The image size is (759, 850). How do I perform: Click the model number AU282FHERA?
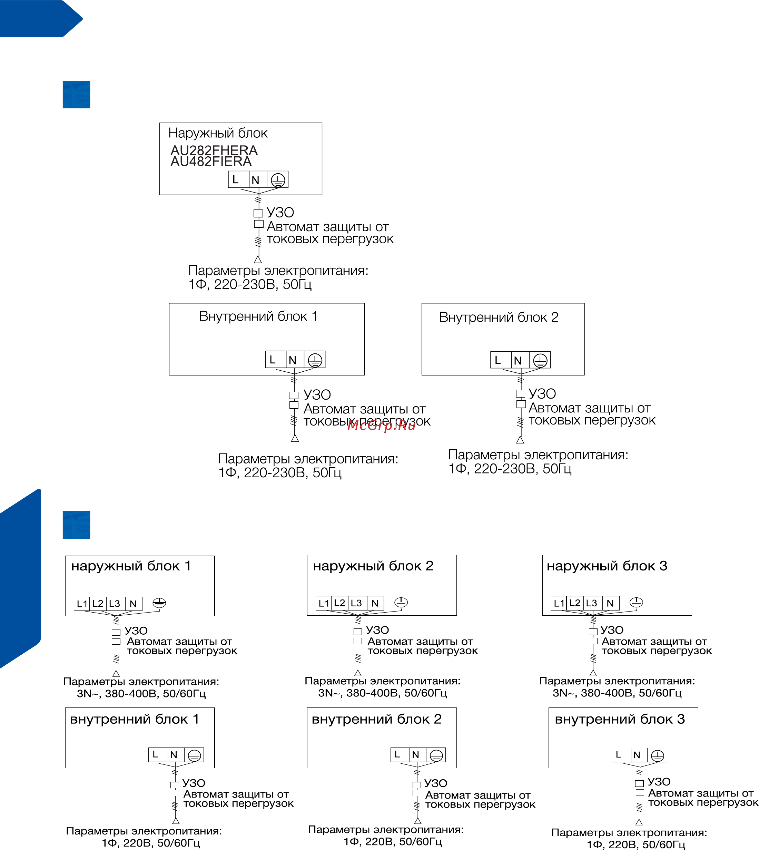214,150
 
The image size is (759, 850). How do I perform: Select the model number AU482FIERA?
211,162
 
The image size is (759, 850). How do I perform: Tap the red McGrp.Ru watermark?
381,426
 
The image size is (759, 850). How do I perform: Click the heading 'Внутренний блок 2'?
499,317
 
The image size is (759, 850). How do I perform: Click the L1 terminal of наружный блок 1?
82,604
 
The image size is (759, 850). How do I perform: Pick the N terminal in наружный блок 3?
610,603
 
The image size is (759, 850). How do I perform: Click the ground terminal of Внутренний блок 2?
540,360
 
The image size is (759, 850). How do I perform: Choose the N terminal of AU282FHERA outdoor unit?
256,180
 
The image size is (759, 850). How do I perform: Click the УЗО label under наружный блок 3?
612,630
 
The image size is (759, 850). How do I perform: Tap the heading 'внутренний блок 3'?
620,720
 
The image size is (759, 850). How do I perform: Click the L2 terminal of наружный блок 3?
575,603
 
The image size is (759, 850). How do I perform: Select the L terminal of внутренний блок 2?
397,754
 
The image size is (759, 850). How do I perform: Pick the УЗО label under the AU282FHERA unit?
280,213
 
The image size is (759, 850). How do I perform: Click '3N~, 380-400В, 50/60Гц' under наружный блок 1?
141,694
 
